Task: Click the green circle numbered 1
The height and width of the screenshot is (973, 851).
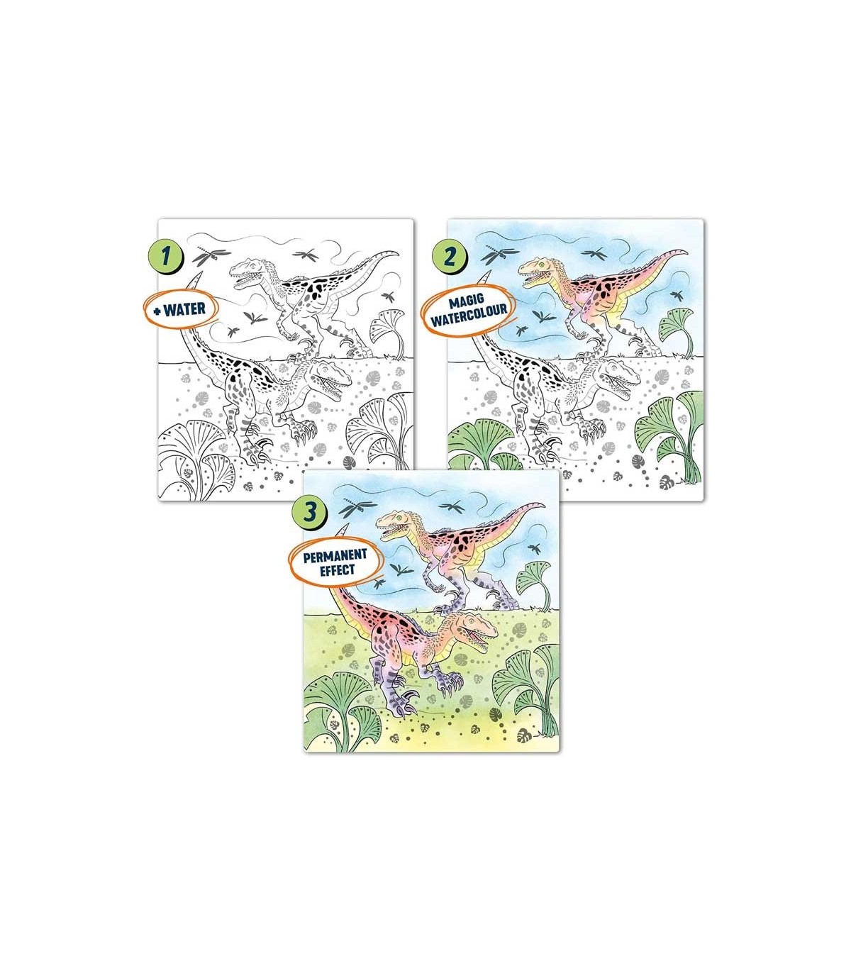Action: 165,258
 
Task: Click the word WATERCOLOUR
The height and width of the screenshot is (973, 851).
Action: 469,316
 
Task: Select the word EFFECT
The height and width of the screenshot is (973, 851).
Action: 337,569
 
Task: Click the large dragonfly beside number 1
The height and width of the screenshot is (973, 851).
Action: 210,255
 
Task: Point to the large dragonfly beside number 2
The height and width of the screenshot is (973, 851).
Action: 499,255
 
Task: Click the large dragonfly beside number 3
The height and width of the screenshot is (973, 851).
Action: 357,508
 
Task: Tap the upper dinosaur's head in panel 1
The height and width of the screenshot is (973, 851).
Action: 248,272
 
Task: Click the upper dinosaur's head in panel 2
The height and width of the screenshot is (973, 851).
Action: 538,272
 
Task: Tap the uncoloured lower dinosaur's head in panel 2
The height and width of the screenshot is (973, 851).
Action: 619,376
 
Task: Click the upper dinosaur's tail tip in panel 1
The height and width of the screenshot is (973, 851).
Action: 399,253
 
